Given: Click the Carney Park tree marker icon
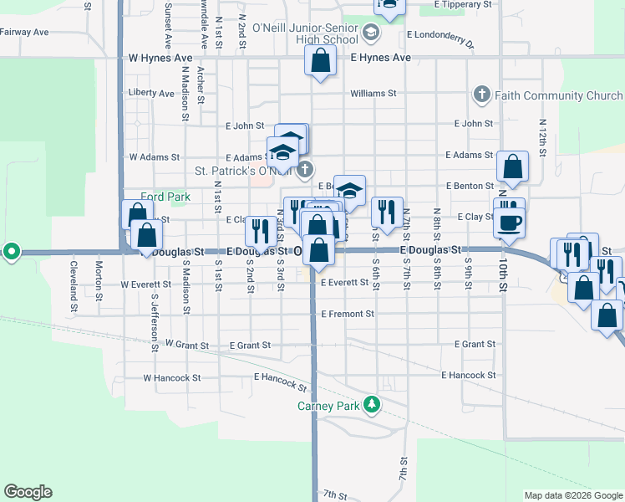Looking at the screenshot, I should point(371,406).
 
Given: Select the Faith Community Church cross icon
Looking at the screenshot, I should point(481,95).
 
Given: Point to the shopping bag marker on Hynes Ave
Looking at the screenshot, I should point(320,61).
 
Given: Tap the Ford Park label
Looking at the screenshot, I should point(165,197).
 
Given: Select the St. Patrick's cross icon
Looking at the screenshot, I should point(305,170).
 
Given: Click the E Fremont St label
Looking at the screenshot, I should point(348,314).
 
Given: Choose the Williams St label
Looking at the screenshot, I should point(373,94).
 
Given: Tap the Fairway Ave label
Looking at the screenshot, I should point(25,33).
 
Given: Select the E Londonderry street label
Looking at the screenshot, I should point(440,38).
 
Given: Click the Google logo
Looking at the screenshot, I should point(28,492).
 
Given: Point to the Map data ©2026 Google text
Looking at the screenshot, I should point(572,495).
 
